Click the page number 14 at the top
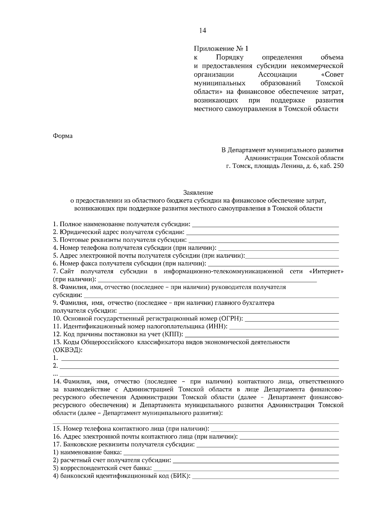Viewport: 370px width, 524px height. point(203,30)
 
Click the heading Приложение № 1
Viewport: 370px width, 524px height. point(220,48)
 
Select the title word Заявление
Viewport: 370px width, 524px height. point(198,193)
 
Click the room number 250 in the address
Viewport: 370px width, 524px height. point(338,166)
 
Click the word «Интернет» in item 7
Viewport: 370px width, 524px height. point(326,272)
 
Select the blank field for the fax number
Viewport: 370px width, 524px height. point(273,264)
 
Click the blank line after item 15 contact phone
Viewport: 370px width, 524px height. point(275,429)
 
